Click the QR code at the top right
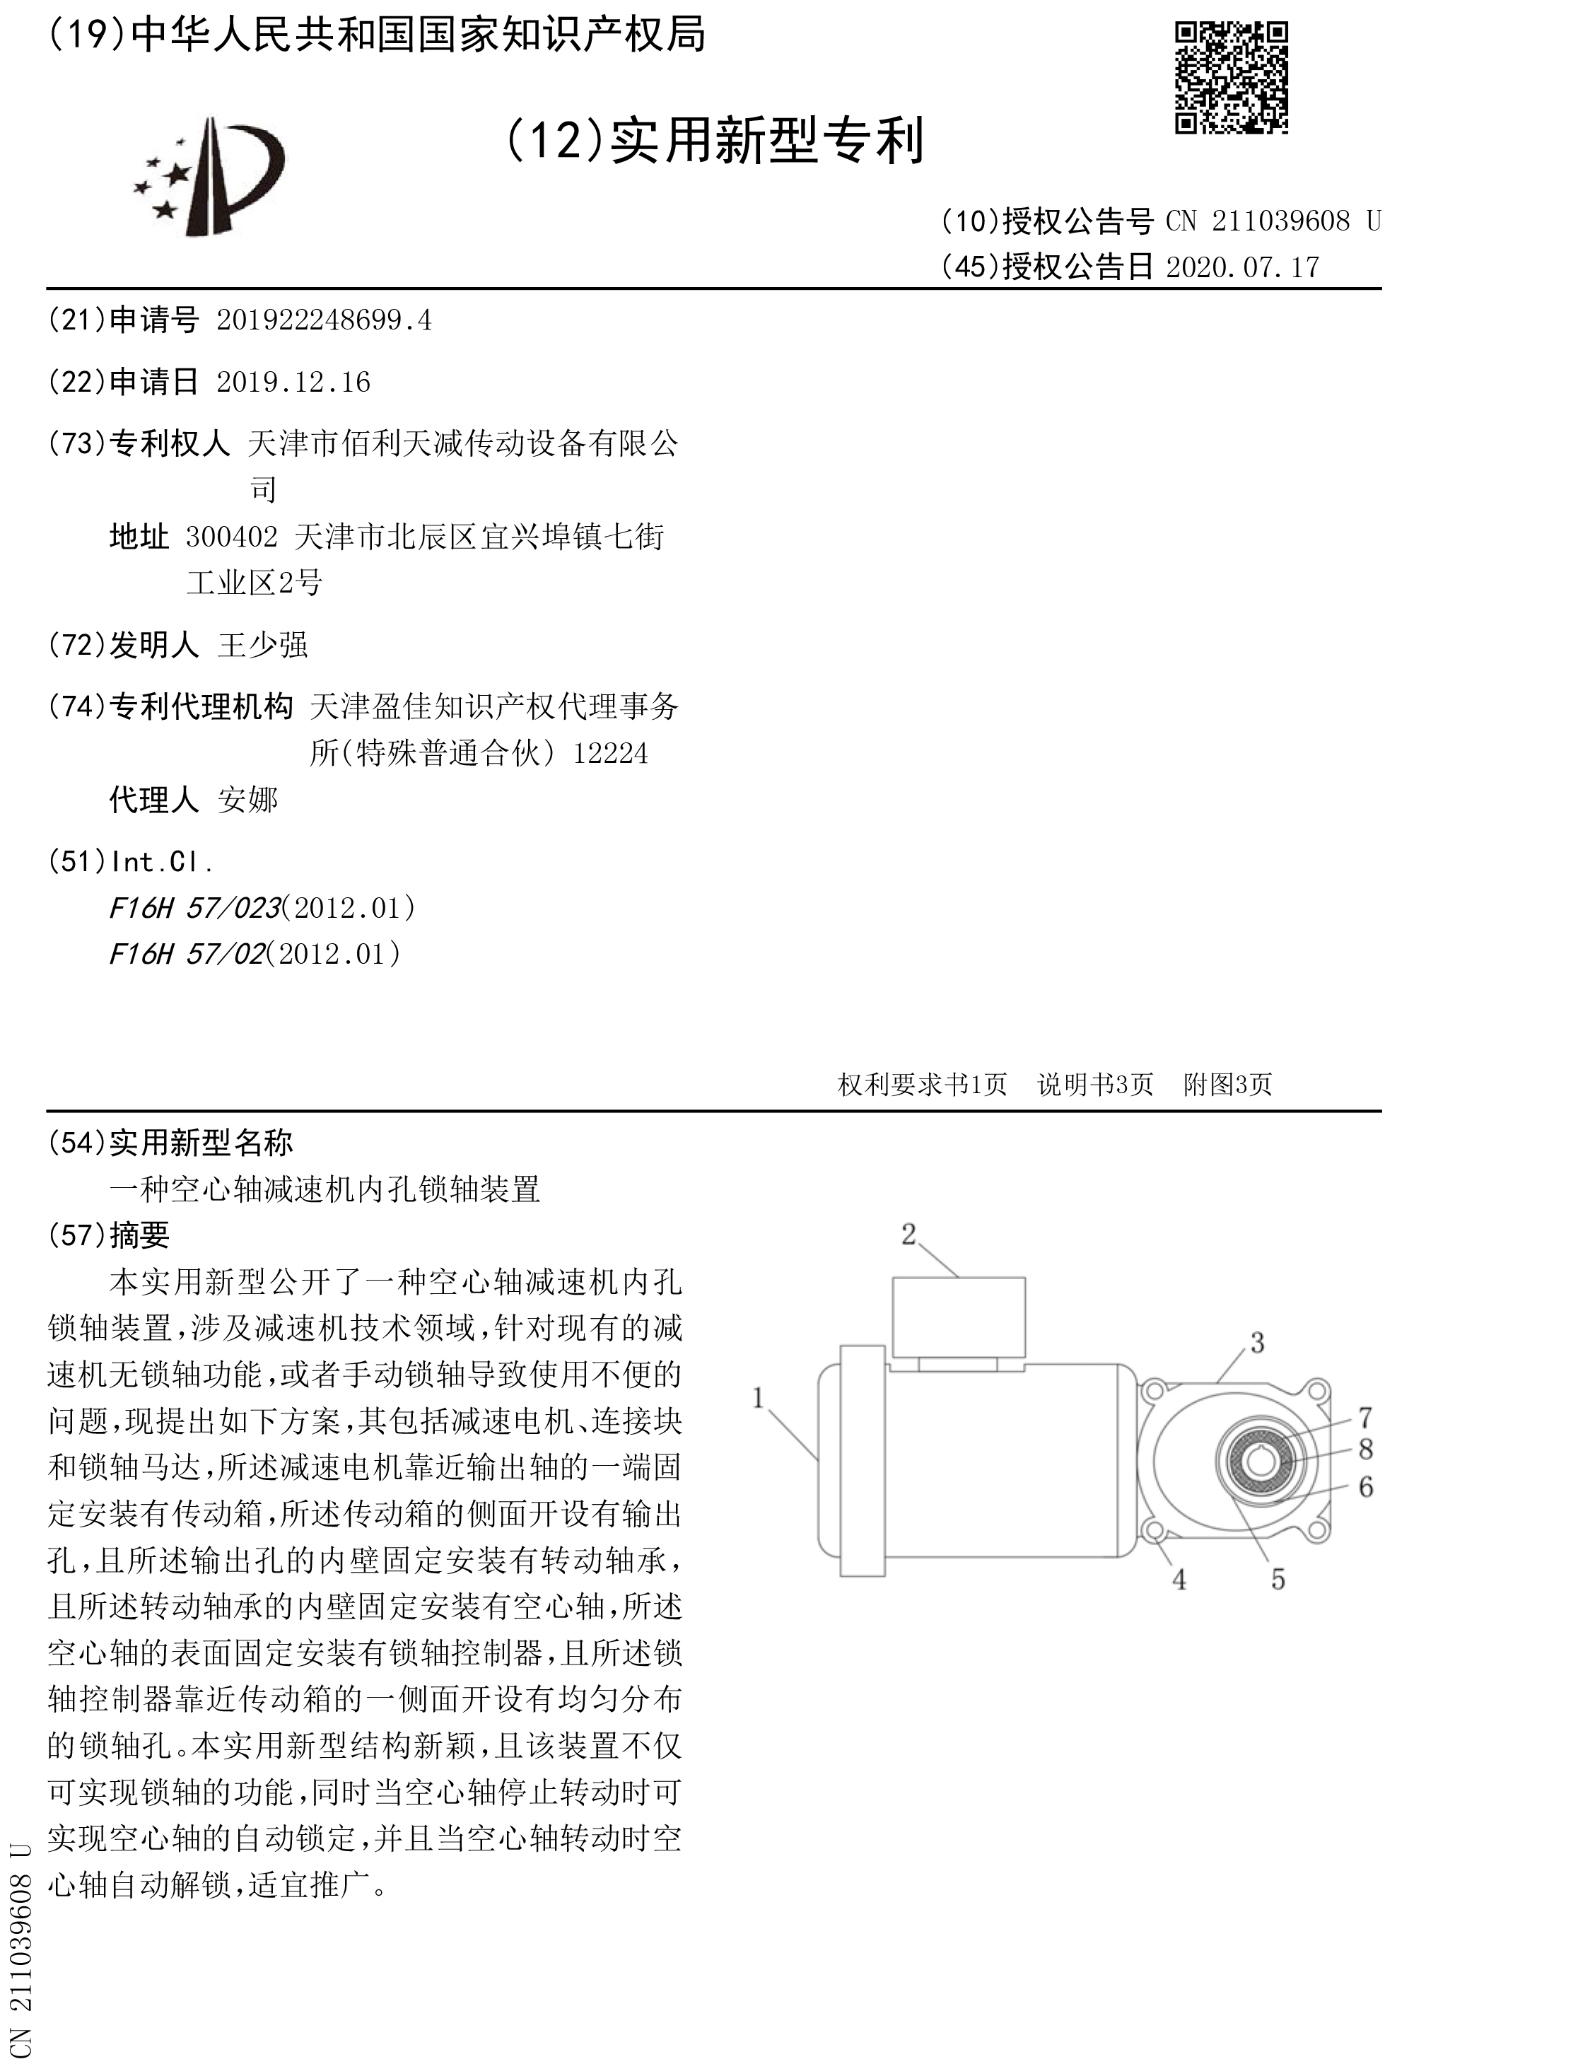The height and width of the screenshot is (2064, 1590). pyautogui.click(x=1231, y=78)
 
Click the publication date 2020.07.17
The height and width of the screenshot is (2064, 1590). pyautogui.click(x=1242, y=267)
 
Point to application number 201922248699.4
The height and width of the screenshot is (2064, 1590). pyautogui.click(x=324, y=321)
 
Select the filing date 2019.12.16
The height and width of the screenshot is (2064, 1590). pyautogui.click(x=293, y=383)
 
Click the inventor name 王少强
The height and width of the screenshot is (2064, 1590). pyautogui.click(x=262, y=646)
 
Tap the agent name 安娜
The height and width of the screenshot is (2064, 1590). pyautogui.click(x=247, y=800)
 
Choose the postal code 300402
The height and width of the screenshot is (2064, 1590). pyautogui.click(x=231, y=537)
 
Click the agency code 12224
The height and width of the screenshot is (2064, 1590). pyautogui.click(x=610, y=754)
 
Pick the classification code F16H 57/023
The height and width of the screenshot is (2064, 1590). pyautogui.click(x=194, y=908)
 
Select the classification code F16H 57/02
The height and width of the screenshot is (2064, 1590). pyautogui.click(x=187, y=955)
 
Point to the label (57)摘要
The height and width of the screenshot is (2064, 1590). pyautogui.click(x=109, y=1235)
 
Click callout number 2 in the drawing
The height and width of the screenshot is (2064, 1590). pyautogui.click(x=909, y=1235)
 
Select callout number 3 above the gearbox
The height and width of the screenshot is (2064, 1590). pyautogui.click(x=1256, y=1343)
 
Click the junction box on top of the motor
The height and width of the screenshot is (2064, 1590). pyautogui.click(x=959, y=1317)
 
